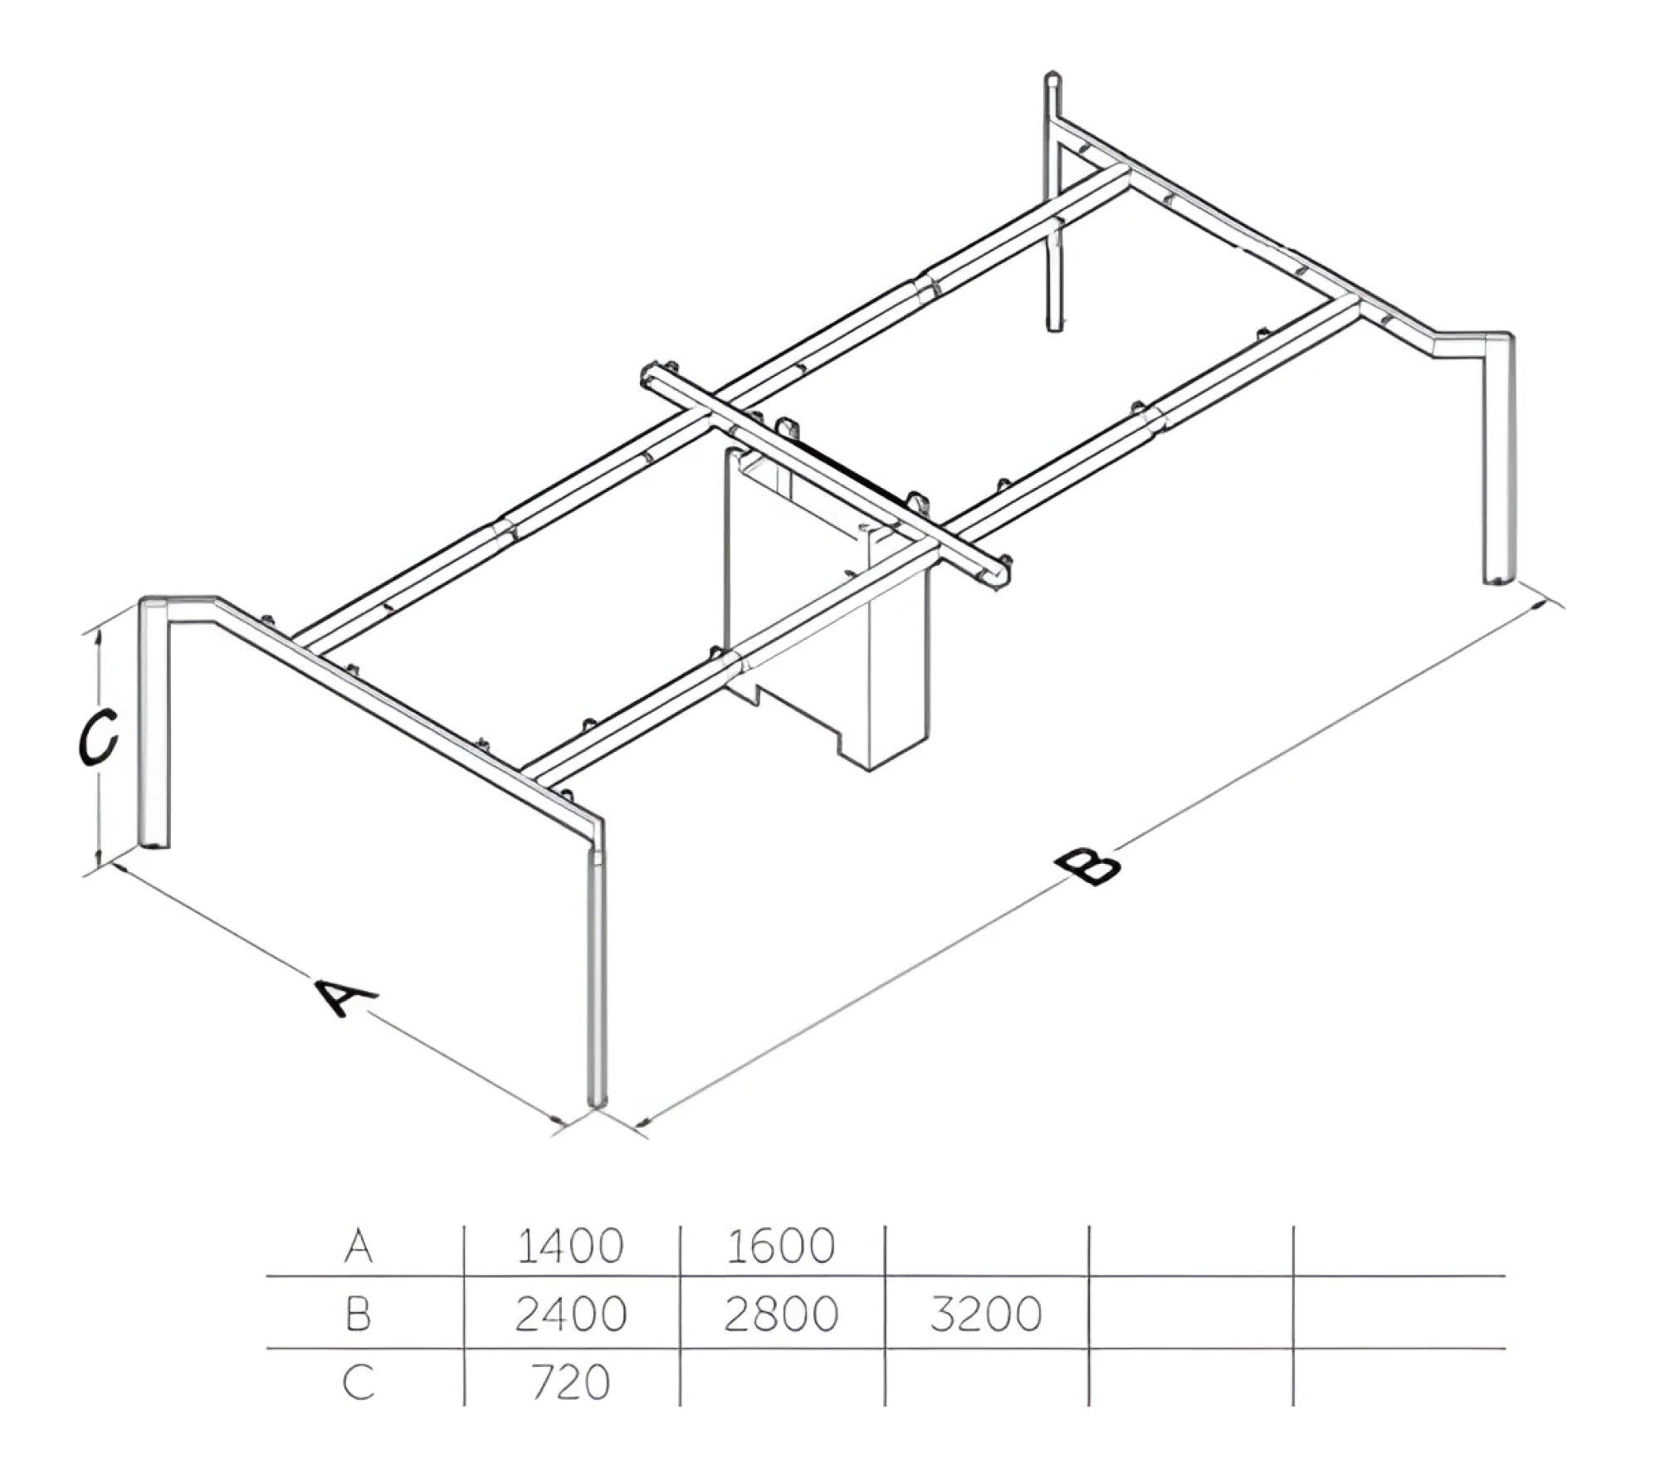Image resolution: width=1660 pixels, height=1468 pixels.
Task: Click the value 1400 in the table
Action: [x=569, y=1246]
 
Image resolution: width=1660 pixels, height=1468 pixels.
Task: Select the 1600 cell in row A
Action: [x=780, y=1246]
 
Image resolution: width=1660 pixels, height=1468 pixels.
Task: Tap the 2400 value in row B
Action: [x=570, y=1314]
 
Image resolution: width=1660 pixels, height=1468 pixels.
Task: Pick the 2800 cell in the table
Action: [x=781, y=1314]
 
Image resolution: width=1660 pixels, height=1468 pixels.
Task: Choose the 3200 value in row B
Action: [x=985, y=1314]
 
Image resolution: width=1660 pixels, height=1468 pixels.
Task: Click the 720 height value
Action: [x=570, y=1382]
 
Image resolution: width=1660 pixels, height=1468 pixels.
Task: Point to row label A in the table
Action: [x=359, y=1246]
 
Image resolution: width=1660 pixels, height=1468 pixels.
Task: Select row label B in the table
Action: [x=358, y=1314]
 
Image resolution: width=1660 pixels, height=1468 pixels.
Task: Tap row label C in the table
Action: [x=359, y=1382]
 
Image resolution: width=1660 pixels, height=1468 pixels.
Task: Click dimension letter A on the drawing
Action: [x=346, y=997]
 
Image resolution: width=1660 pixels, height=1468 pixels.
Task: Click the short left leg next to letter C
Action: [x=154, y=722]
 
